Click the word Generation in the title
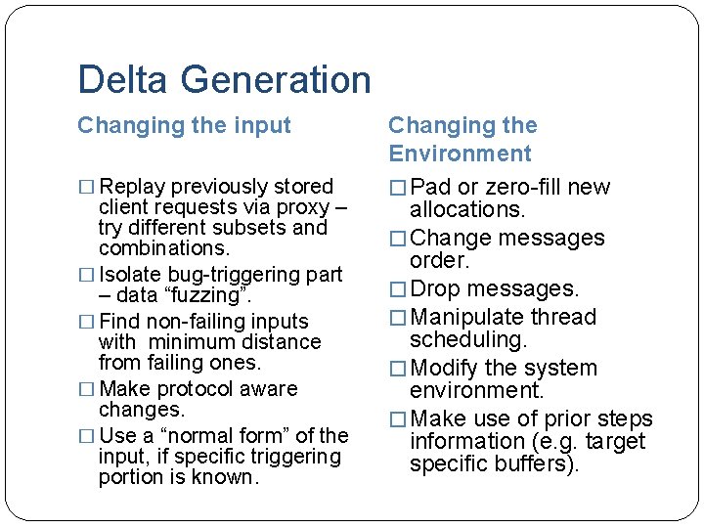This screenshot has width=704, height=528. pyautogui.click(x=278, y=80)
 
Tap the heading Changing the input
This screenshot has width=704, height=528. pyautogui.click(x=184, y=125)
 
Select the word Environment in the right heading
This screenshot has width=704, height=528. pyautogui.click(x=460, y=154)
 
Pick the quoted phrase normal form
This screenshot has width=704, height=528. pyautogui.click(x=221, y=435)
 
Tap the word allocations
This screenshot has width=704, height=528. pyautogui.click(x=467, y=209)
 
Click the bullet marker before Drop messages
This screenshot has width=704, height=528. pyautogui.click(x=397, y=289)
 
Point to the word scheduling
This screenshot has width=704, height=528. pyautogui.click(x=468, y=339)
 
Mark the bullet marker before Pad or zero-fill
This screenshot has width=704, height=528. pyautogui.click(x=397, y=188)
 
